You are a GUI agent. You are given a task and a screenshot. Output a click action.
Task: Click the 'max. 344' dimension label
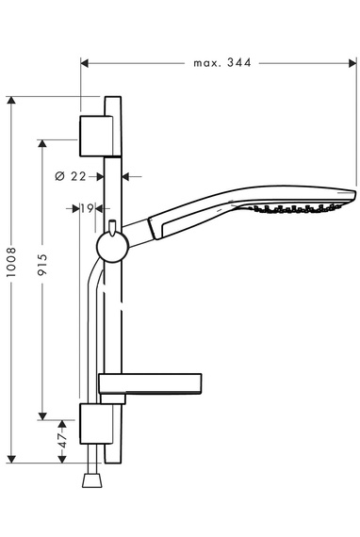click(222, 63)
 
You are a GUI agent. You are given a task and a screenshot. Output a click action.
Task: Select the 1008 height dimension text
click(11, 262)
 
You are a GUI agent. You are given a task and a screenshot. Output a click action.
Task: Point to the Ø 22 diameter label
click(71, 176)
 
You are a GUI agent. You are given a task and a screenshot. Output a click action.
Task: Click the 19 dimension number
click(87, 207)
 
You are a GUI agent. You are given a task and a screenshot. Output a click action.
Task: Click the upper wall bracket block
click(96, 137)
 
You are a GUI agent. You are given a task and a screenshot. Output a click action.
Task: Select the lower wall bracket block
click(96, 424)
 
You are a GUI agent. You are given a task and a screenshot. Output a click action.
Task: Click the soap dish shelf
click(150, 382)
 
